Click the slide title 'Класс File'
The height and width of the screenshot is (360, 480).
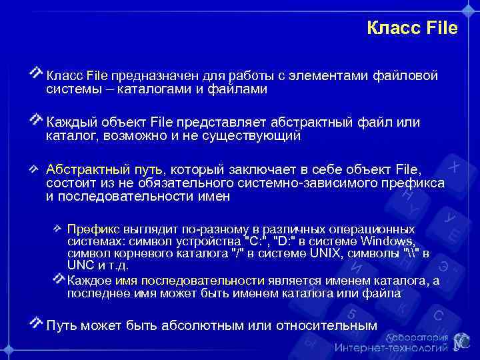click(412, 28)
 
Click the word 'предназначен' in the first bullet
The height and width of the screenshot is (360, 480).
click(153, 75)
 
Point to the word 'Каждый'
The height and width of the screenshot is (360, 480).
click(71, 122)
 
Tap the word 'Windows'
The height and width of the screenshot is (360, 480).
click(390, 241)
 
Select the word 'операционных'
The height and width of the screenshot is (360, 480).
click(391, 228)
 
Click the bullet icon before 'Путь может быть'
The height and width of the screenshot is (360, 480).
click(37, 323)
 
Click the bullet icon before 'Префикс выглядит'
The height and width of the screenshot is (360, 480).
click(59, 227)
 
